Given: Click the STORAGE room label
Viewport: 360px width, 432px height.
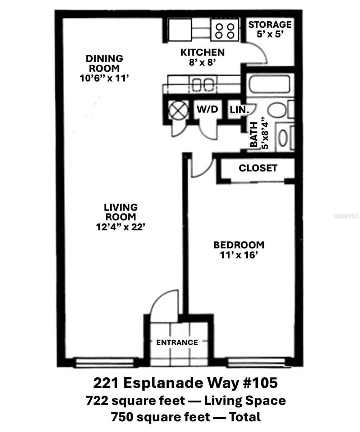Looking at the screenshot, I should tap(269, 25).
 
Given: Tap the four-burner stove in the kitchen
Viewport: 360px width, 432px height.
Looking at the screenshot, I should tap(225, 31).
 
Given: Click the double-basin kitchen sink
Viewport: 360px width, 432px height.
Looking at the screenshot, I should tap(203, 85).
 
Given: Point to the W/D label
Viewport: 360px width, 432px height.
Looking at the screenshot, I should tap(207, 109).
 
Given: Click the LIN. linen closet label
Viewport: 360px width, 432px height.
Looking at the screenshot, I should tap(240, 110).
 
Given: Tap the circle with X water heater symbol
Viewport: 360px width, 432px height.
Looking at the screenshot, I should tap(178, 110).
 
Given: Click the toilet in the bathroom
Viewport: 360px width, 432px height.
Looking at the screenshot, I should tap(279, 110).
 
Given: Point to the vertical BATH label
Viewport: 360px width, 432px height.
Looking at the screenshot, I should tap(254, 135).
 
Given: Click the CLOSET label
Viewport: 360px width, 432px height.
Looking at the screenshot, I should tap(258, 168).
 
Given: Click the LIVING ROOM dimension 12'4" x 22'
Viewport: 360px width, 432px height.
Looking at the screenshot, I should tap(120, 227).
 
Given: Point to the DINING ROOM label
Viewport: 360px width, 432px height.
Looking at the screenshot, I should tap(104, 63).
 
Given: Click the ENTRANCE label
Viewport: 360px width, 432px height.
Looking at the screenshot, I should tap(177, 342).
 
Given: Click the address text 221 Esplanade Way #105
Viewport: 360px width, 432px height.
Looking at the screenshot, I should tap(185, 383).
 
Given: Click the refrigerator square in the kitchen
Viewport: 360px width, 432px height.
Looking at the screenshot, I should tap(180, 30).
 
